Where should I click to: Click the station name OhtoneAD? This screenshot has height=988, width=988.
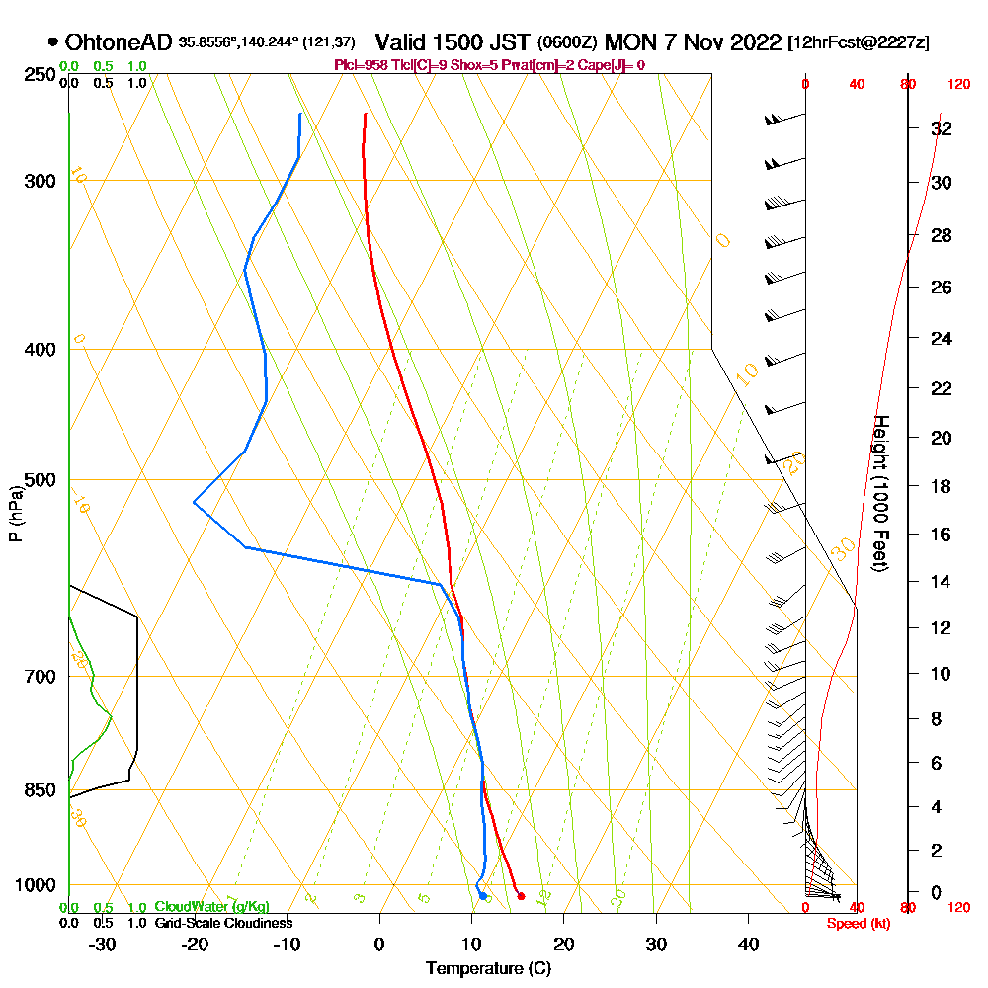point(119,42)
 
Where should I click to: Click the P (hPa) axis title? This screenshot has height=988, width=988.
point(15,514)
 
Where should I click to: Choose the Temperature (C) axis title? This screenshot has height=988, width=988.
point(488,969)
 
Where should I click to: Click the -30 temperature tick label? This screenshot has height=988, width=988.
point(102,944)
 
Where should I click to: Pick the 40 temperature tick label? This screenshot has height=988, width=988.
point(748,944)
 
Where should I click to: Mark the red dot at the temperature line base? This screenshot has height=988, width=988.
point(521,896)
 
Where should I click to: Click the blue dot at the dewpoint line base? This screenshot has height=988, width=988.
point(483,896)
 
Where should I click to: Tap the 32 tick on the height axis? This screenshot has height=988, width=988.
point(943,128)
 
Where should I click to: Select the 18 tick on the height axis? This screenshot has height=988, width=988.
point(943,486)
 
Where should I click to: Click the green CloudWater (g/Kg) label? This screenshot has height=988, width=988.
point(211,907)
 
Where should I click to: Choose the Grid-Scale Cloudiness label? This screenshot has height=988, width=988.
point(223,923)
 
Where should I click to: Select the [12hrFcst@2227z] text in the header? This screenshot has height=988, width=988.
point(858,43)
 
